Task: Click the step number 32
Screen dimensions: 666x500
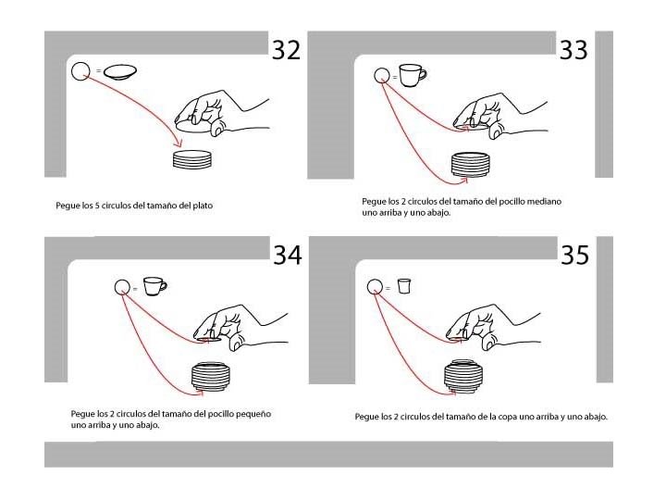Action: point(286,50)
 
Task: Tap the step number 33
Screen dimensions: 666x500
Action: point(573,50)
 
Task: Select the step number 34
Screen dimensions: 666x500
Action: point(288,256)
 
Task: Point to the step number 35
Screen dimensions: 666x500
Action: point(574,256)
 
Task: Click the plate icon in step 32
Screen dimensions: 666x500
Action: point(120,71)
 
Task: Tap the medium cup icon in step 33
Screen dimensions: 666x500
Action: point(413,75)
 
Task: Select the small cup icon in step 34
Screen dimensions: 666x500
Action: point(154,286)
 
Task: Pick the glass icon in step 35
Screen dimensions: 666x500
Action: point(404,286)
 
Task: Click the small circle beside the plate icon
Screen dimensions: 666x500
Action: point(80,71)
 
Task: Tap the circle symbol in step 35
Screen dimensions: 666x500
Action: point(375,286)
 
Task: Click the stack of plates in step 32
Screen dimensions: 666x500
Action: point(192,159)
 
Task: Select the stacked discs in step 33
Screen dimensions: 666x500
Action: point(470,165)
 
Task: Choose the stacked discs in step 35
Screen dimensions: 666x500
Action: point(463,375)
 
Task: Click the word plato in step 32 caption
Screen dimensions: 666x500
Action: point(203,206)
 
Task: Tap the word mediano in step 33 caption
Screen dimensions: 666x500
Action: point(544,201)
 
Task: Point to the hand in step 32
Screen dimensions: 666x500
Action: point(222,113)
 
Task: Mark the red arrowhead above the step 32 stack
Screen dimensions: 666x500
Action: point(179,144)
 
